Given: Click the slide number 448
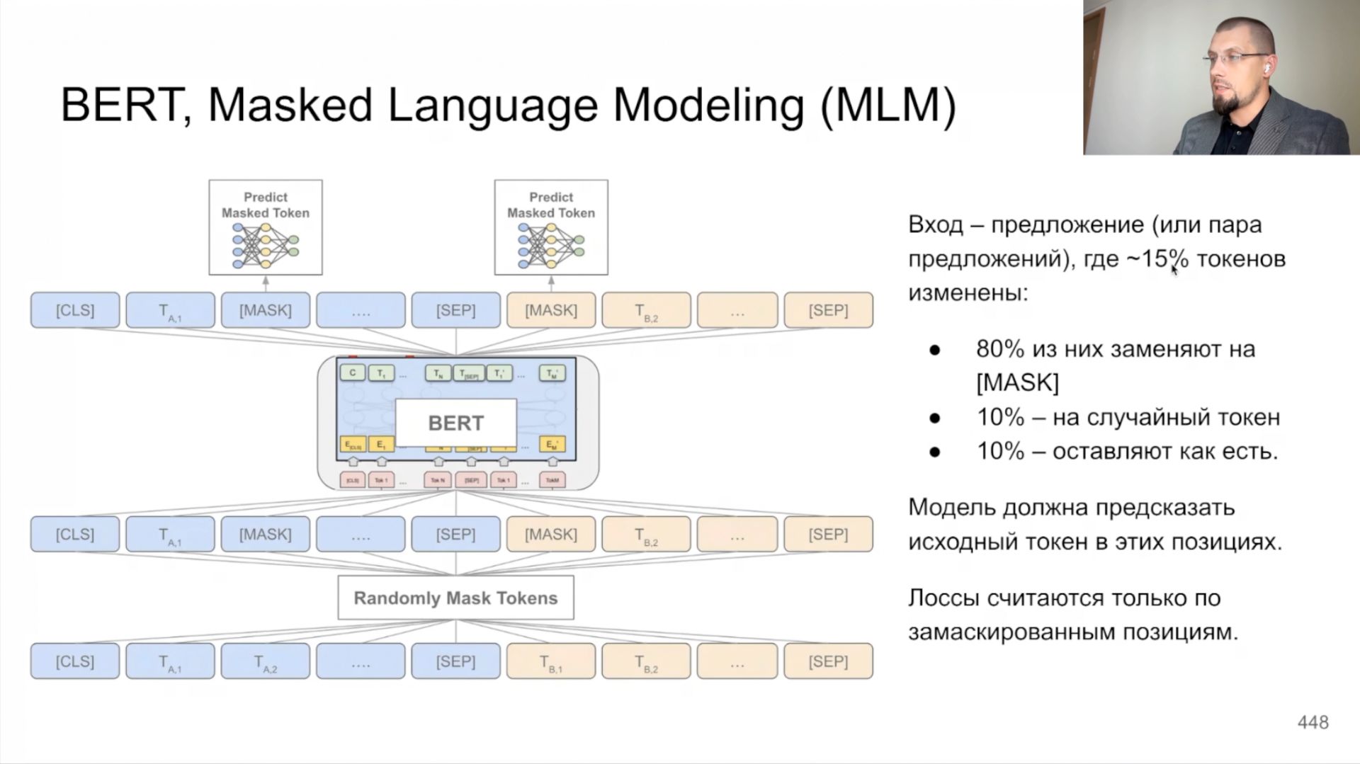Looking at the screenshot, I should point(1313,722).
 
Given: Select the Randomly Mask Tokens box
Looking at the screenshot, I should point(455,598).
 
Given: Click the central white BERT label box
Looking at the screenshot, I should point(455,423).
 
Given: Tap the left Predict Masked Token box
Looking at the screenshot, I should point(266,227).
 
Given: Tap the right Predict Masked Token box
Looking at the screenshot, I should point(550,227).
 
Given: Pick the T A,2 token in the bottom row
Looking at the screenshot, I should point(266,662).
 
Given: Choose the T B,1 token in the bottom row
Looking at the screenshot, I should point(550,662).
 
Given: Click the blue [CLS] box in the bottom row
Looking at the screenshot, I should point(75,662).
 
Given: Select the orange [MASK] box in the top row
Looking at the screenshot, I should point(550,310).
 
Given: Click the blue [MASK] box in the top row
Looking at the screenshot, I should point(266,310).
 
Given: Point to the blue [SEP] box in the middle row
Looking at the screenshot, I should point(455,534).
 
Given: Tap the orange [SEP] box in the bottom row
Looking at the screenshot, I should point(828,662).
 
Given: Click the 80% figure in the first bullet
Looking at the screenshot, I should point(1000,349).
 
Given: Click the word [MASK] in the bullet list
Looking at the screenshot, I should point(1017,383).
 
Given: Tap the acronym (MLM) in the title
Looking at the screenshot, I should point(888,106).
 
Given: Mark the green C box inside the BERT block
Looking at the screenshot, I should point(353,372).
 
